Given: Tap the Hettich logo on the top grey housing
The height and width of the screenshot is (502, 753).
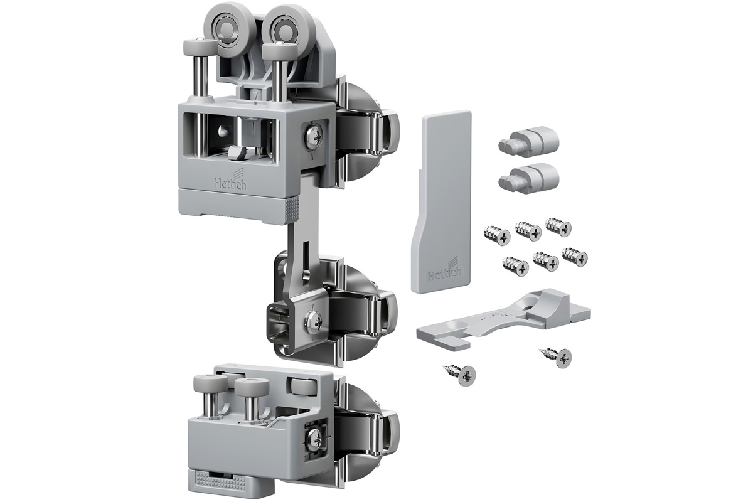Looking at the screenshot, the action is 231,180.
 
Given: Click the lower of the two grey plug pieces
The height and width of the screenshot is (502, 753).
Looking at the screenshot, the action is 528,174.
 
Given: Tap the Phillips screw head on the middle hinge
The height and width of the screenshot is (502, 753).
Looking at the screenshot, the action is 312,322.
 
